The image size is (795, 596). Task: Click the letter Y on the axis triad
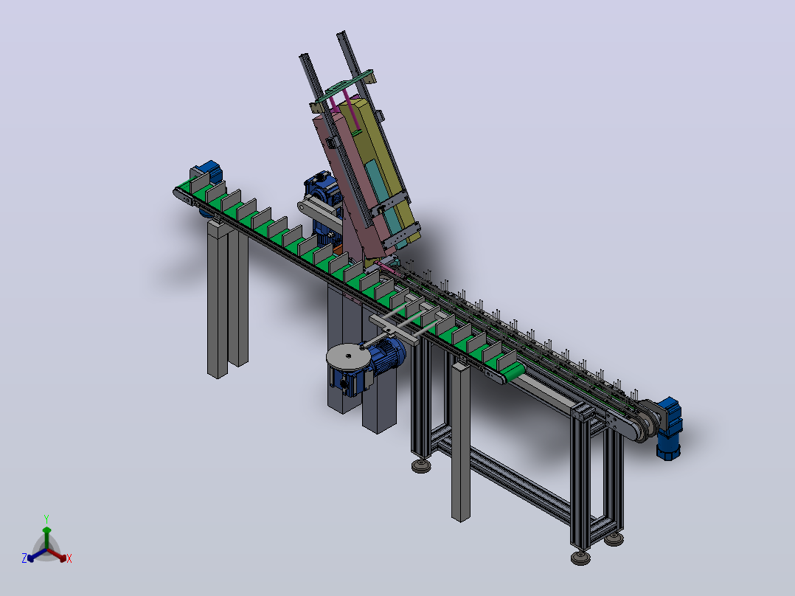(x=46, y=519)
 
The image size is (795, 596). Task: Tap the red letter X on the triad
(x=69, y=558)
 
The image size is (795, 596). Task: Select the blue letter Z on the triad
(x=24, y=558)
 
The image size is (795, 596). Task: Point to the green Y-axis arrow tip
(x=46, y=530)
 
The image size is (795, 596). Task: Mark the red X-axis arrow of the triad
(x=57, y=555)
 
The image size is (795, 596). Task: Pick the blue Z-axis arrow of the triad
(x=37, y=555)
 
